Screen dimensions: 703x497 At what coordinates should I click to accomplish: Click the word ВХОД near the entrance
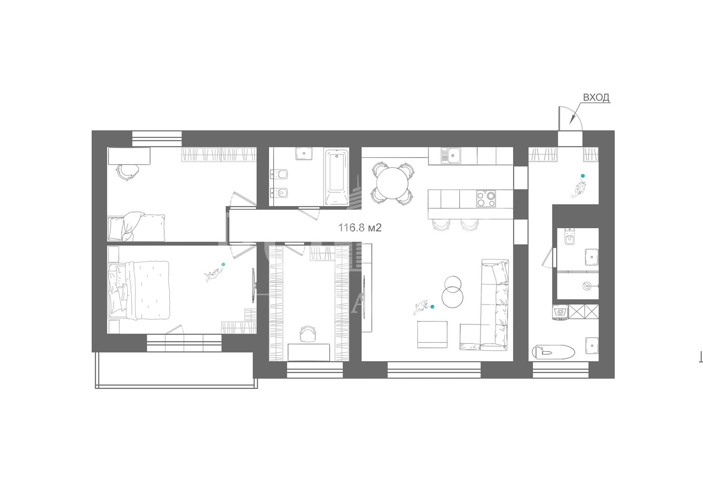597,97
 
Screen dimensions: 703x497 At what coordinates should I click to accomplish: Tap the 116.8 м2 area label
360,228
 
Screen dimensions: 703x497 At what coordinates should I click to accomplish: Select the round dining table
393,183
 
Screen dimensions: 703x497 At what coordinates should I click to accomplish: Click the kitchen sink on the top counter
450,156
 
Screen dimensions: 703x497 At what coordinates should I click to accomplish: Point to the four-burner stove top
486,199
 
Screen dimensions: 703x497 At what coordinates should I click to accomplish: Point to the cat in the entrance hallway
578,189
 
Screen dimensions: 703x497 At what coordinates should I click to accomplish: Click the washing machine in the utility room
561,312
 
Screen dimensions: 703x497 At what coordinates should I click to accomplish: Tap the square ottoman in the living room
432,334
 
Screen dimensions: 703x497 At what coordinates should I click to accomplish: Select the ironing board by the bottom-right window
553,352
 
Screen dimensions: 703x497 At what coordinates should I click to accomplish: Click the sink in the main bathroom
304,153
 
